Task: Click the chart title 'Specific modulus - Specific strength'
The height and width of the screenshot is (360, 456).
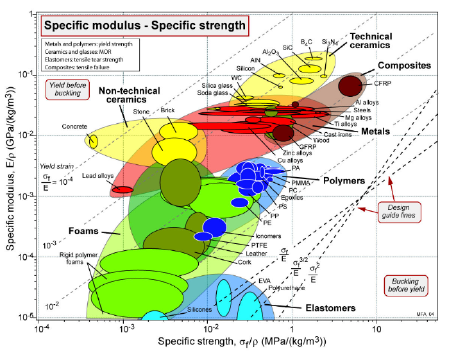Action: point(145,26)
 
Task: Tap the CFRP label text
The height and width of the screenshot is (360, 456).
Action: point(382,83)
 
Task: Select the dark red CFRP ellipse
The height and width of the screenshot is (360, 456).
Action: point(350,86)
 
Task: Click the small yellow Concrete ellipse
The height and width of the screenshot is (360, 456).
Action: point(94,141)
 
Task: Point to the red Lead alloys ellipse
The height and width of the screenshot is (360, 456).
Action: point(122,190)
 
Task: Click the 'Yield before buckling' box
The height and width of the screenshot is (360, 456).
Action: point(67,89)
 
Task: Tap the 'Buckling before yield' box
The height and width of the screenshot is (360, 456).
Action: point(406,286)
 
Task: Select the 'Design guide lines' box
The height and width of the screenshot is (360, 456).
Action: point(399,212)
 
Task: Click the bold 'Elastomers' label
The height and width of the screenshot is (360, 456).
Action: point(330,308)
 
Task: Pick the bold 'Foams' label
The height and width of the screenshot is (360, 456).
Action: point(83,231)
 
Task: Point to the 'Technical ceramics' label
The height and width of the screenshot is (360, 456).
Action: point(371,40)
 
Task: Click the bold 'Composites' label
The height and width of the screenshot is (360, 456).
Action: point(404,65)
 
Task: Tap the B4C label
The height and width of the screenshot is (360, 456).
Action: point(306,42)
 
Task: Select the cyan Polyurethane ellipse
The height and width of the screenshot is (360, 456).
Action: point(250,306)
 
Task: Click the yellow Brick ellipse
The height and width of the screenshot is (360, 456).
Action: point(178,132)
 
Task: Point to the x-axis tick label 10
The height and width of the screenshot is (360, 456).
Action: point(376,329)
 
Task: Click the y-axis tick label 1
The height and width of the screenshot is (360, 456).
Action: point(31,14)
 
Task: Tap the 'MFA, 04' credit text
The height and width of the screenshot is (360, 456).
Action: point(425,314)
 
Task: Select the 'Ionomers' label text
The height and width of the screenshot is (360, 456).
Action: point(268,236)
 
